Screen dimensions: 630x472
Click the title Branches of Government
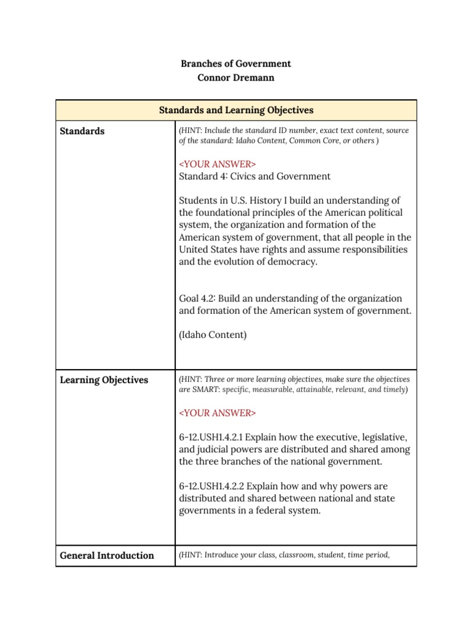pyautogui.click(x=236, y=63)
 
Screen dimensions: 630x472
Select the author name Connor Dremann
pyautogui.click(x=236, y=78)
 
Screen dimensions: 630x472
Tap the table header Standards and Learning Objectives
pyautogui.click(x=236, y=110)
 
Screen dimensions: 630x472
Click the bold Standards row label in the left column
pyautogui.click(x=82, y=131)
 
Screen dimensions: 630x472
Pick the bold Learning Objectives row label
pyautogui.click(x=104, y=380)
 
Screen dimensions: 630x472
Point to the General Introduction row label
pyautogui.click(x=107, y=556)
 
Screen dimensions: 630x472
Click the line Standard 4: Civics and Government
pyautogui.click(x=254, y=177)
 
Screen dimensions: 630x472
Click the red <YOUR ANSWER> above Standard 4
pyautogui.click(x=217, y=164)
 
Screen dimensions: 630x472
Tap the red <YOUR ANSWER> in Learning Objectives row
pyautogui.click(x=217, y=412)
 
